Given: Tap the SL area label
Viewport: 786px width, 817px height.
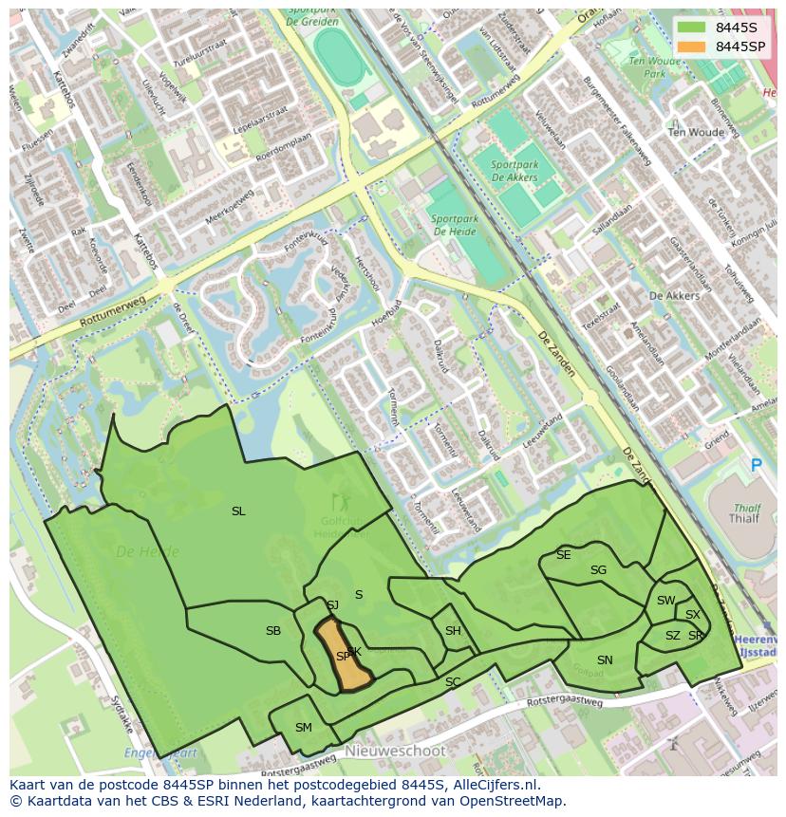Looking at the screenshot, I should point(238,511).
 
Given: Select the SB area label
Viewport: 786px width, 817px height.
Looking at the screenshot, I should point(273,631).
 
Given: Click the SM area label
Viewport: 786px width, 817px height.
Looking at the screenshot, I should point(303,728).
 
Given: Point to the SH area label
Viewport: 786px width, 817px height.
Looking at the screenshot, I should point(453,631).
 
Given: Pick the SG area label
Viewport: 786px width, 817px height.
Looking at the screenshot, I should point(598,570).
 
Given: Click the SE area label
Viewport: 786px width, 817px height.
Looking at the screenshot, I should point(564,555).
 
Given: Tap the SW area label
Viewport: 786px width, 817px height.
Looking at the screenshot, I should point(665,601).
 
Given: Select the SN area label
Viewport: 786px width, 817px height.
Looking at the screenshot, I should point(605,660).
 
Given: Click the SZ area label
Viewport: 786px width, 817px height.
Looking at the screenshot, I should point(672,636).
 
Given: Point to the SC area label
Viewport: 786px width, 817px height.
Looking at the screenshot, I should point(453,682).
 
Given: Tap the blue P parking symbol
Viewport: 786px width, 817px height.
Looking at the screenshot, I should point(757,465).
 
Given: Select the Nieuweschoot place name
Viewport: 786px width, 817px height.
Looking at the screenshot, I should point(395,751).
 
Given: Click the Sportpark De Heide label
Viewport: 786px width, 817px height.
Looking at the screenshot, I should point(454,225).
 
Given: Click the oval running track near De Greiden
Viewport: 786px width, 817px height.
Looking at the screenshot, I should point(335,58).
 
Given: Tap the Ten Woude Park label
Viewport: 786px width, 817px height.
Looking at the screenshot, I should point(655,67).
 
